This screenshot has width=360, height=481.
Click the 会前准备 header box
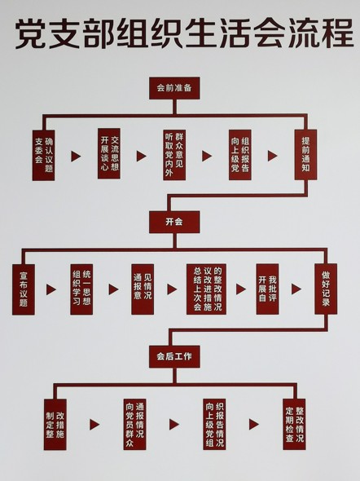tap(174, 88)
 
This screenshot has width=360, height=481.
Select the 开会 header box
tap(174, 222)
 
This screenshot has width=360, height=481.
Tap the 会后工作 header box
tap(174, 356)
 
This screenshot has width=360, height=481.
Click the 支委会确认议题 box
tap(43, 155)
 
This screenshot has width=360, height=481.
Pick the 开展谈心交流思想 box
tap(109, 153)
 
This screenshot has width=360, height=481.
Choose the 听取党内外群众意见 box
tap(174, 155)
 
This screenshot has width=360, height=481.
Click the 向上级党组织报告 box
tap(240, 155)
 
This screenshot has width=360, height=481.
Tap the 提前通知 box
tap(305, 155)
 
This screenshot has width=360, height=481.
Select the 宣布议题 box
tap(24, 289)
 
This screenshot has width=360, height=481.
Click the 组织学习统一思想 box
tap(81, 289)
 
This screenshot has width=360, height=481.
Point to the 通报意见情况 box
tap(143, 289)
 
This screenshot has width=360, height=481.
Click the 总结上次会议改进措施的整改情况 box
tap(207, 289)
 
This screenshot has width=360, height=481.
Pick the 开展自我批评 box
tap(267, 289)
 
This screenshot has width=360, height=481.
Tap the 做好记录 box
tap(326, 289)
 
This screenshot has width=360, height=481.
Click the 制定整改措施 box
tap(55, 425)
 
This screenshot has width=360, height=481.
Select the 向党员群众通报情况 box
tap(135, 425)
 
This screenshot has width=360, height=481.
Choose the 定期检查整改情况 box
tap(294, 425)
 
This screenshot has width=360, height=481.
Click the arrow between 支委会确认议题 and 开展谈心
tap(76, 157)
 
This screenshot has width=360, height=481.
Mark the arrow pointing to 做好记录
tap(296, 289)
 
